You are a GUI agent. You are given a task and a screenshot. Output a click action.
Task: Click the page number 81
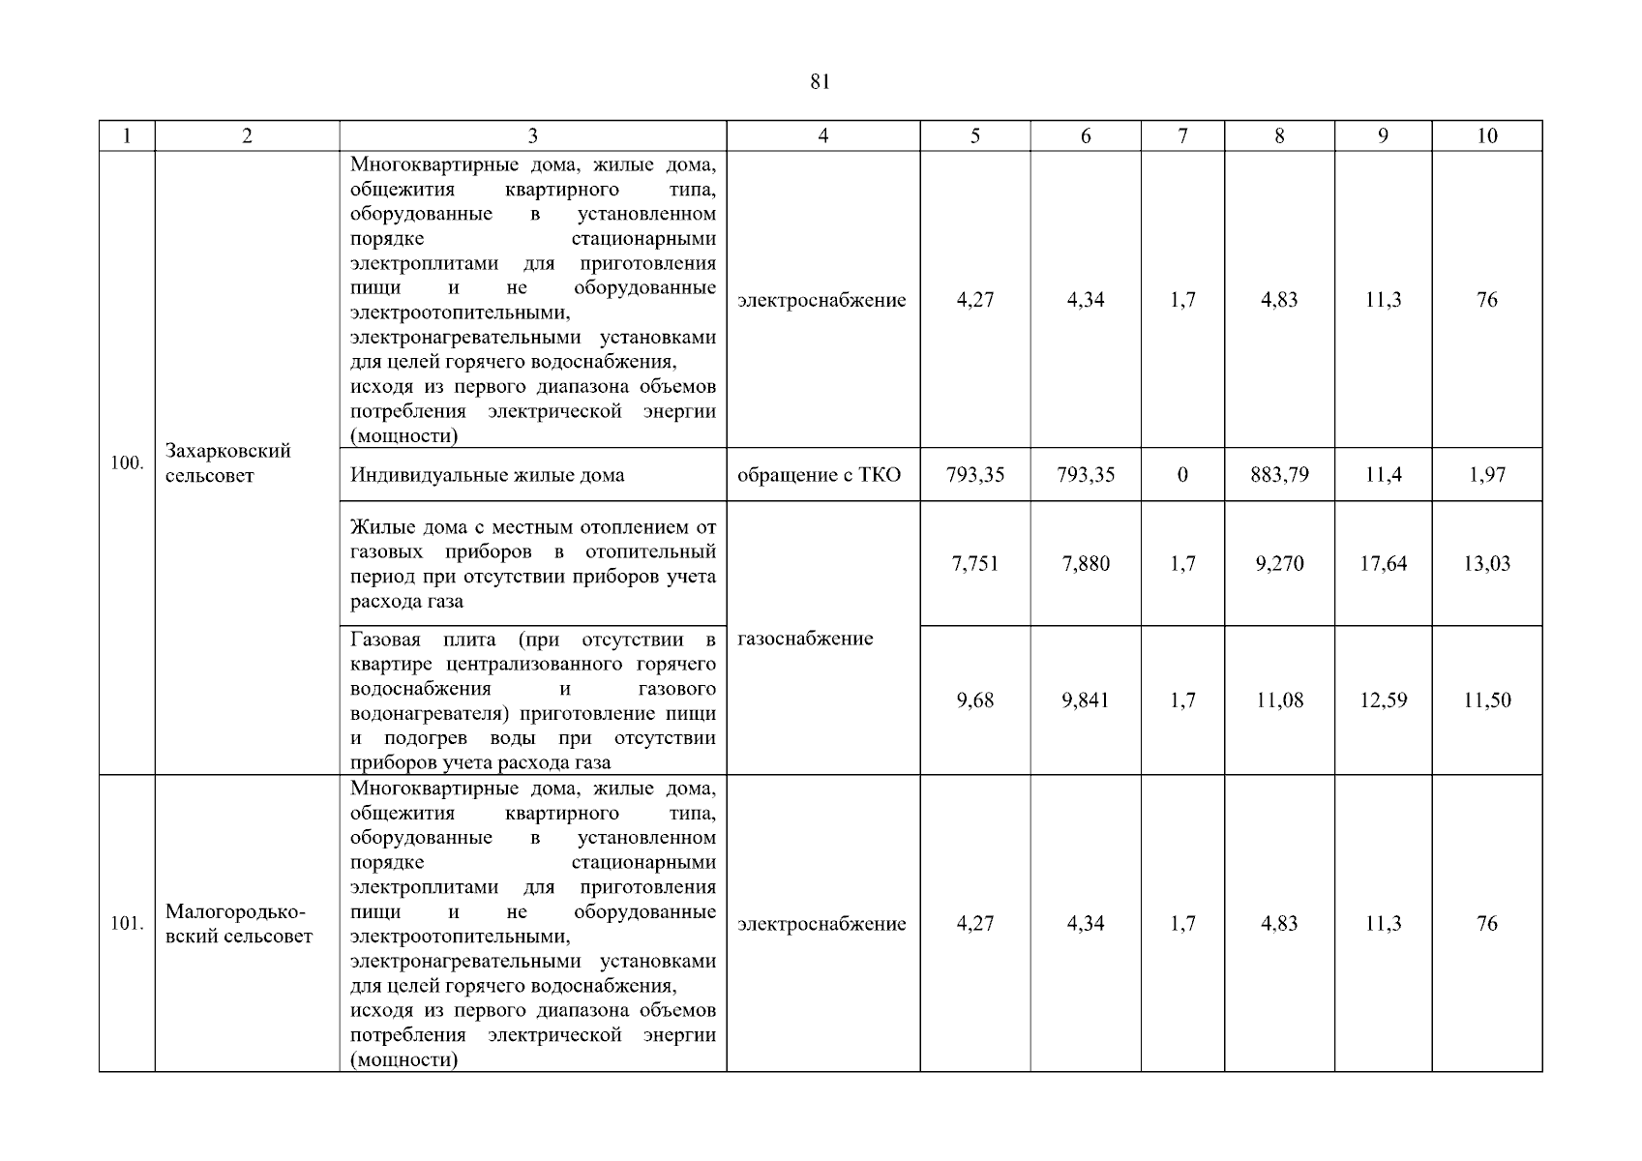pos(820,82)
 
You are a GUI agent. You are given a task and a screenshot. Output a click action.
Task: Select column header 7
pos(1182,136)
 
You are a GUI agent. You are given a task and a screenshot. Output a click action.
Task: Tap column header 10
pos(1486,136)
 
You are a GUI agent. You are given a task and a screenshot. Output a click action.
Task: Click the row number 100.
pos(127,462)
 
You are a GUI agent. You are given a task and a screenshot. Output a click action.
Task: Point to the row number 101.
pos(127,924)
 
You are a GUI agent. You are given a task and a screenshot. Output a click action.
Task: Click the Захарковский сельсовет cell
pos(228,462)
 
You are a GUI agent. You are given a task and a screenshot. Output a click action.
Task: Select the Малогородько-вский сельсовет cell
pos(238,924)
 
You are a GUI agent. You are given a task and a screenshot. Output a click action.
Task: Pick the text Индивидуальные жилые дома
pos(487,475)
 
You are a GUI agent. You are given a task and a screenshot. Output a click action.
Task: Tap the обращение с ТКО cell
pos(819,475)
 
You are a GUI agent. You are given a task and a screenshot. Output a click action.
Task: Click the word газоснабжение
pos(805,639)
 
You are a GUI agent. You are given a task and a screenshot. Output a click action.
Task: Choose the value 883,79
pos(1279,475)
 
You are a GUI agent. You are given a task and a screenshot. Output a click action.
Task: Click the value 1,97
pos(1486,475)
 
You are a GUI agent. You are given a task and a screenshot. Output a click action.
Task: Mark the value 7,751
pos(974,564)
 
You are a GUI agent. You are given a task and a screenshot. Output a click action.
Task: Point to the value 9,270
pos(1279,564)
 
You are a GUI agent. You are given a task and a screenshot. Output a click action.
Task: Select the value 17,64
pos(1383,564)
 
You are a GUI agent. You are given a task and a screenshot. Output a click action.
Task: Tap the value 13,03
pos(1486,564)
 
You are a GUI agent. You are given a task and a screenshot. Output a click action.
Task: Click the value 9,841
pos(1085,700)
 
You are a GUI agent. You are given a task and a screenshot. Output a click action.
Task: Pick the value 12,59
pos(1383,700)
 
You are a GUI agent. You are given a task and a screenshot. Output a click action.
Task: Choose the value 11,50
pos(1486,700)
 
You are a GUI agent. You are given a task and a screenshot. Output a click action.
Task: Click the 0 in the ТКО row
pos(1182,475)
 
